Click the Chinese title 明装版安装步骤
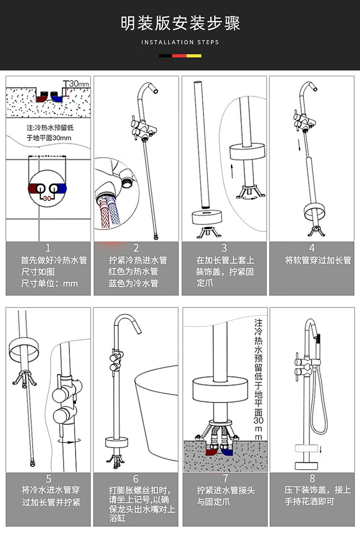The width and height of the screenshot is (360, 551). [x=180, y=23]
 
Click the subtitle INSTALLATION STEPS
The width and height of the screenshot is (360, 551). [x=180, y=42]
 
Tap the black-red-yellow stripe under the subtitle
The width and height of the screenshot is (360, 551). [x=180, y=56]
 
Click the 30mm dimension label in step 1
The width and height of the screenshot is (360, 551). [x=79, y=84]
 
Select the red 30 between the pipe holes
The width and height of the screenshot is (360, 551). [x=47, y=199]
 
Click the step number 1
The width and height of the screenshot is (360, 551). [x=48, y=248]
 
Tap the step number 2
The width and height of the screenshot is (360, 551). [x=136, y=248]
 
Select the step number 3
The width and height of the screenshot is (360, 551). [x=224, y=248]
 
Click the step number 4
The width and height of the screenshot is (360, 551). [x=312, y=248]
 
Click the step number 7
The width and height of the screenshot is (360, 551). [x=225, y=479]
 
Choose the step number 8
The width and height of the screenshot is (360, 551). [x=312, y=479]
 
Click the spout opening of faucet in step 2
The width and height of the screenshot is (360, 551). [x=156, y=91]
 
